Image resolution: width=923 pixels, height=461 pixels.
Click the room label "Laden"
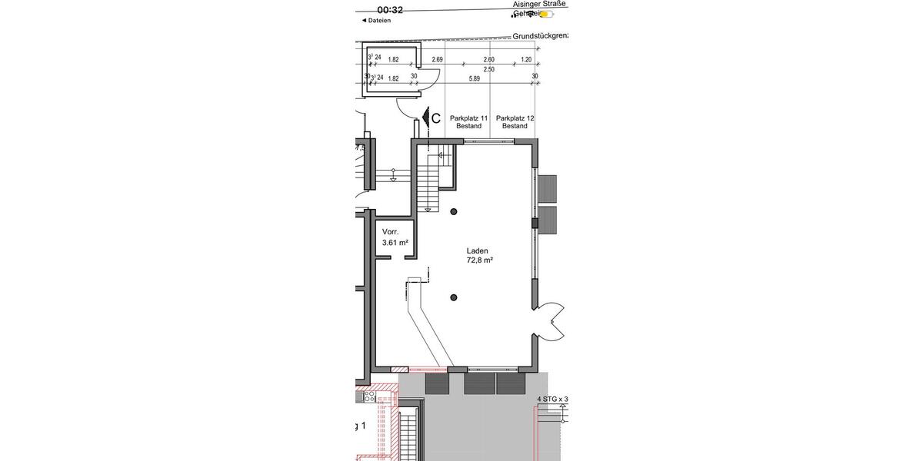pyautogui.click(x=477, y=250)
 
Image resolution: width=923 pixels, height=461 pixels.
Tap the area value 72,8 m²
pyautogui.click(x=479, y=260)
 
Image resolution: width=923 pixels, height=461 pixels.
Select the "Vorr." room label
pyautogui.click(x=391, y=231)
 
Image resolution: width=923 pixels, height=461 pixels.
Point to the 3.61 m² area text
pyautogui.click(x=395, y=243)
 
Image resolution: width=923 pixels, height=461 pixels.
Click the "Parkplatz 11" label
pyautogui.click(x=469, y=118)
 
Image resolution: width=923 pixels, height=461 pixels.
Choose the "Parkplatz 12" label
pyautogui.click(x=515, y=118)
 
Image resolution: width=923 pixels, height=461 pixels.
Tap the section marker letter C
pyautogui.click(x=435, y=118)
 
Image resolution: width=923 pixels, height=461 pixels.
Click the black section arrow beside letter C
pyautogui.click(x=423, y=119)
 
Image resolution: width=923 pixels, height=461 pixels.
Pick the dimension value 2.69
pyautogui.click(x=438, y=59)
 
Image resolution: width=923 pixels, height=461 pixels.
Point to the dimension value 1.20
pyautogui.click(x=526, y=59)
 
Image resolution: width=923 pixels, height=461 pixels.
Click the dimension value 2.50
pyautogui.click(x=488, y=69)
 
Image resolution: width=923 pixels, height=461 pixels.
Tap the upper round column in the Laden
pyautogui.click(x=454, y=212)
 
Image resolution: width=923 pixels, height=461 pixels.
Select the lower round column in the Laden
pyautogui.click(x=454, y=297)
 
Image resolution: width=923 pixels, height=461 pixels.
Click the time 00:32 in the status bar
pyautogui.click(x=390, y=10)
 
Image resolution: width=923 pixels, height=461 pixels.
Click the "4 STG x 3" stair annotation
pyautogui.click(x=551, y=400)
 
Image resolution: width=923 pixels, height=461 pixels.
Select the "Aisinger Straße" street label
pyautogui.click(x=539, y=4)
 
